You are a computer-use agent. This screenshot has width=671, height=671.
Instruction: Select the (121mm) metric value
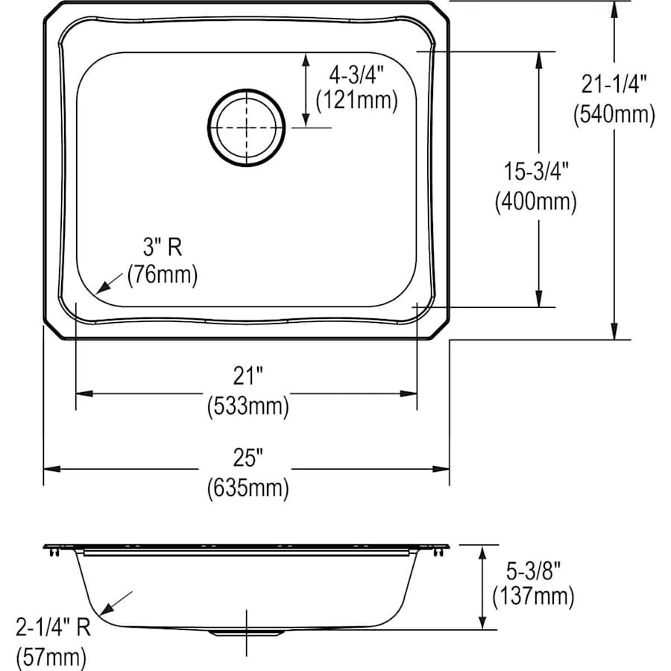pyautogui.click(x=356, y=100)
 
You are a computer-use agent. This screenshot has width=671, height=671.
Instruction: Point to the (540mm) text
pyautogui.click(x=614, y=114)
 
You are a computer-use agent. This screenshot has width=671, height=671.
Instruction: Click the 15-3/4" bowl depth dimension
pyautogui.click(x=535, y=171)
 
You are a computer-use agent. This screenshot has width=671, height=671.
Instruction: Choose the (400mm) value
pyautogui.click(x=535, y=201)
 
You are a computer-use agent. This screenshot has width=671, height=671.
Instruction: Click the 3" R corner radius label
pyautogui.click(x=161, y=246)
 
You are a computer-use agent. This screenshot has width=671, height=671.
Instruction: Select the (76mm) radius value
pyautogui.click(x=162, y=275)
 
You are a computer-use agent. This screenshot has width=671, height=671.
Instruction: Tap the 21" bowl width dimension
pyautogui.click(x=247, y=377)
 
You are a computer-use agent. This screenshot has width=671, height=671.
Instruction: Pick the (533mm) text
pyautogui.click(x=247, y=406)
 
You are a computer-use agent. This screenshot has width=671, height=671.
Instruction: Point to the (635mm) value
pyautogui.click(x=247, y=488)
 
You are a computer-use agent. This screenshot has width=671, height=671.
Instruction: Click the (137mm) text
pyautogui.click(x=532, y=596)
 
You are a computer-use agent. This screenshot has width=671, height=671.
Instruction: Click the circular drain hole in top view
pyautogui.click(x=246, y=127)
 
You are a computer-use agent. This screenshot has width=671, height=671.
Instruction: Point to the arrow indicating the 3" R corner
pyautogui.click(x=108, y=282)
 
